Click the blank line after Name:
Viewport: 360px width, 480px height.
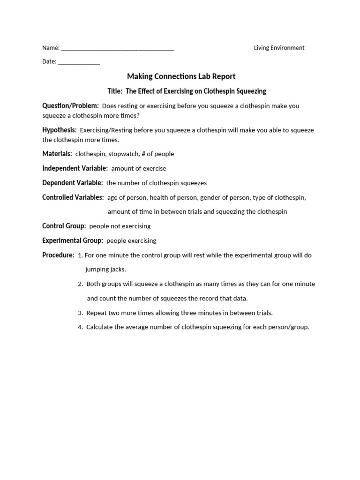117,49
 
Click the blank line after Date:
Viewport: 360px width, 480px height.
79,62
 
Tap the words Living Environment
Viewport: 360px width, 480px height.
279,48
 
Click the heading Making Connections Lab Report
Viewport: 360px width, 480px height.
181,76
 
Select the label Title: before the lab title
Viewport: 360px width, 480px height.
115,91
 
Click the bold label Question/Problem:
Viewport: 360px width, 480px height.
70,106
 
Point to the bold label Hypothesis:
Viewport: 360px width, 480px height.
59,130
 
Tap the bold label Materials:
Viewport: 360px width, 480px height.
57,154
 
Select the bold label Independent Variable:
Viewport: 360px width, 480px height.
75,168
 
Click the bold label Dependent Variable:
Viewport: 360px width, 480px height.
72,183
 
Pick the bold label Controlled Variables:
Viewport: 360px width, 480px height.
73,197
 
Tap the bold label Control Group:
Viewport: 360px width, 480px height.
64,226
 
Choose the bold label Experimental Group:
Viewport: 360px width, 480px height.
73,240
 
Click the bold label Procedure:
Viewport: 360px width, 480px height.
58,255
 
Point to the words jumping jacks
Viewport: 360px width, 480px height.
105,270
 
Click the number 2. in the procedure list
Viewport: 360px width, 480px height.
81,284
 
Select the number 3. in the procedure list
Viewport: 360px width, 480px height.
81,313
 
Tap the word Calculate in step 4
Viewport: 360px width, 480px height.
99,327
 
